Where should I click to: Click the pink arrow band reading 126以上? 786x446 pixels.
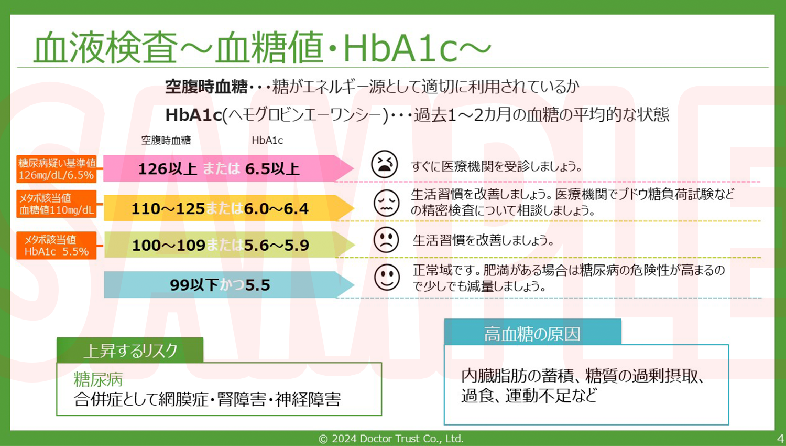pos(220,168)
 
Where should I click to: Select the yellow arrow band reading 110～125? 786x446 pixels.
pos(220,208)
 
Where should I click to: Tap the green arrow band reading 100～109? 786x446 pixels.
pos(220,245)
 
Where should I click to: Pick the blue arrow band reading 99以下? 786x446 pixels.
pos(220,285)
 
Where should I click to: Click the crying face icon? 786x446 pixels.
pos(385,164)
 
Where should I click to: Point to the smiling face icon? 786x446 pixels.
pos(387,277)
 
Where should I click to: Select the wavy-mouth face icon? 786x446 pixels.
pos(386,203)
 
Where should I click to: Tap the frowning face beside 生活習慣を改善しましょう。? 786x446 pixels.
pos(386,240)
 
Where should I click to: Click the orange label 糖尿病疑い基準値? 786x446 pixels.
pos(57,169)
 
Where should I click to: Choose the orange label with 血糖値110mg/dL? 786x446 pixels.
pos(57,204)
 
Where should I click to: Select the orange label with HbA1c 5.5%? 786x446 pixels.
pos(57,246)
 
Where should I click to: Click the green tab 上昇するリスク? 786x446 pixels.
pos(130,351)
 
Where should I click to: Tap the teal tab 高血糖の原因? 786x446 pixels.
pos(532,333)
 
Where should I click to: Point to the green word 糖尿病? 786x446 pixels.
pos(98,379)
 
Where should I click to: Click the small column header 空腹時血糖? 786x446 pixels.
pos(166,140)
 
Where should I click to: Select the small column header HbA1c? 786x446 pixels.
pos(267,140)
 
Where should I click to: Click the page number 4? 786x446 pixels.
pos(780,438)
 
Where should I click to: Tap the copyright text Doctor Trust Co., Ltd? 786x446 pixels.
pos(391,439)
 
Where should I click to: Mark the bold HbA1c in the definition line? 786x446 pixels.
pos(193,115)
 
